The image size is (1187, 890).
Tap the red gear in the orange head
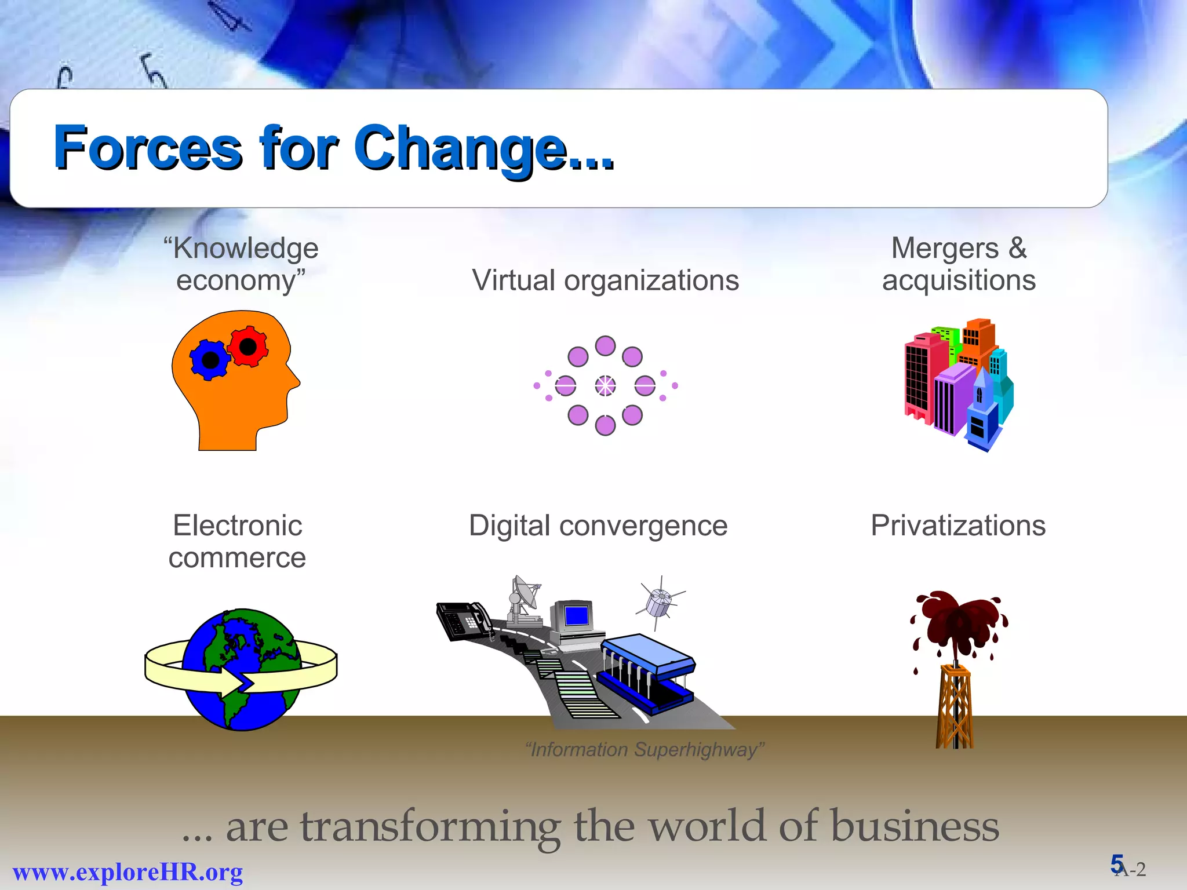pyautogui.click(x=248, y=346)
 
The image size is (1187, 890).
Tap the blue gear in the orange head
pyautogui.click(x=210, y=360)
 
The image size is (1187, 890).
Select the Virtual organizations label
pyautogui.click(x=605, y=281)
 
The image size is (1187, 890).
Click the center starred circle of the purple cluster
pyautogui.click(x=605, y=386)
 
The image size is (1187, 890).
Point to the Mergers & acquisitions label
pyautogui.click(x=959, y=264)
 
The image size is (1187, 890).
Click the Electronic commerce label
pyautogui.click(x=237, y=542)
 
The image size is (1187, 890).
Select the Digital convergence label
pyautogui.click(x=598, y=526)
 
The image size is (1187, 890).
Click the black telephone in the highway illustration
pyautogui.click(x=463, y=621)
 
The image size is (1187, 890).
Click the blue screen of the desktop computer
pyautogui.click(x=577, y=615)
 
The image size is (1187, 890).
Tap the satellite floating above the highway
pyautogui.click(x=660, y=603)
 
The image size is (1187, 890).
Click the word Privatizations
pyautogui.click(x=958, y=526)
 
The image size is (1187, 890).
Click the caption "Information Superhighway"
pyautogui.click(x=644, y=750)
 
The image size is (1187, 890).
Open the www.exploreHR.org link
pyautogui.click(x=128, y=872)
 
